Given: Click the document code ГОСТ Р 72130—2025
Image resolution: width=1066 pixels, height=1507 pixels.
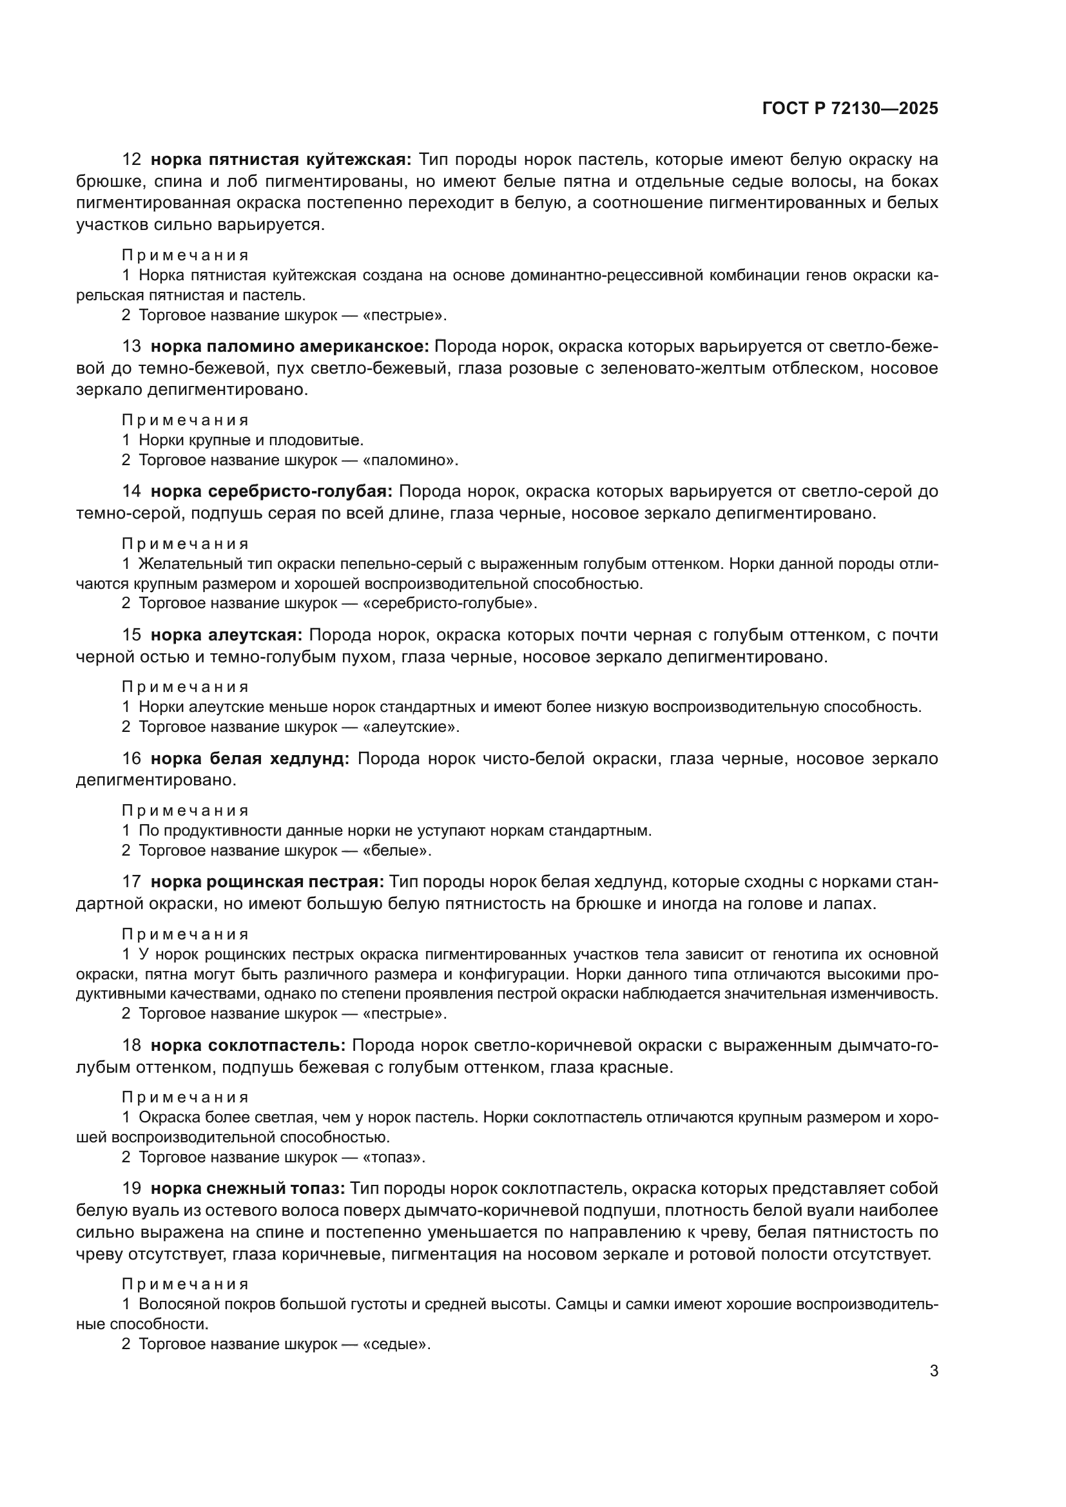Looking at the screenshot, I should [850, 109].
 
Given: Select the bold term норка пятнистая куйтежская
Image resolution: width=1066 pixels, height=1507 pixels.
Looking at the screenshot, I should [281, 160].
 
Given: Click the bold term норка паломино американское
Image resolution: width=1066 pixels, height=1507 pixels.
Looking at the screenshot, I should [290, 347].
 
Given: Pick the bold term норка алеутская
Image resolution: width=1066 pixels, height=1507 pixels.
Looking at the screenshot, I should [226, 635].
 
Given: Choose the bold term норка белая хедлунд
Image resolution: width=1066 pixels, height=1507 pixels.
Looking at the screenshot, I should [250, 759].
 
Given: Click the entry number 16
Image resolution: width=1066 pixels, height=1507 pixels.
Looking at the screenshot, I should [131, 759].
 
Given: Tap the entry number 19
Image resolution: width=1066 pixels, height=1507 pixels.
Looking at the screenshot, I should [131, 1189].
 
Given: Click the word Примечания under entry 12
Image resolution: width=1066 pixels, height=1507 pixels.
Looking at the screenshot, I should [186, 255].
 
